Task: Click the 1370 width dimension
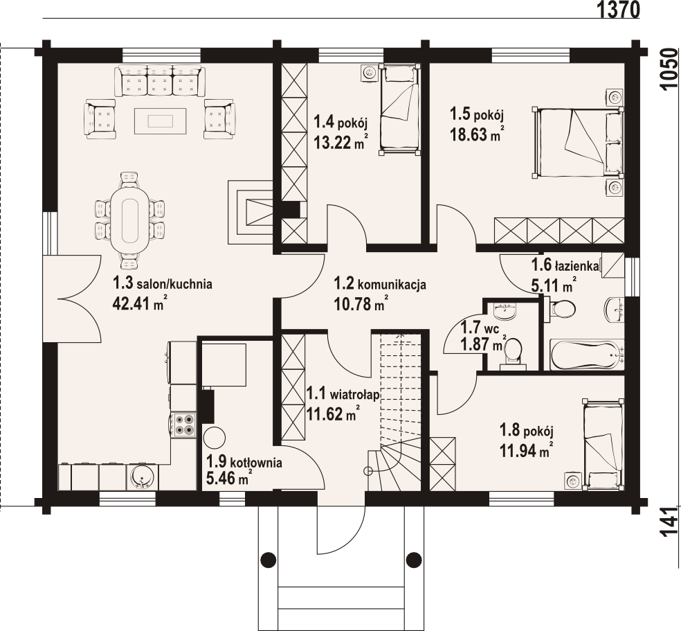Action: (618, 9)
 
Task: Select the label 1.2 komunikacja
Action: (379, 284)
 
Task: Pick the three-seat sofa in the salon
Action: (159, 81)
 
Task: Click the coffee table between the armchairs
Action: (161, 121)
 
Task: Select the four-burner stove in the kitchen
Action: (183, 425)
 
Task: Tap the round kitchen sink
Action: (141, 477)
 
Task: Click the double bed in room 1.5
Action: (578, 143)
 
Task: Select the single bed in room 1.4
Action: (399, 109)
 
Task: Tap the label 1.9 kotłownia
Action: (244, 462)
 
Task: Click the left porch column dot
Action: (269, 558)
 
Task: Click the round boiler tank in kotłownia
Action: (215, 437)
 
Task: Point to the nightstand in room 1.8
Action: (572, 481)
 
